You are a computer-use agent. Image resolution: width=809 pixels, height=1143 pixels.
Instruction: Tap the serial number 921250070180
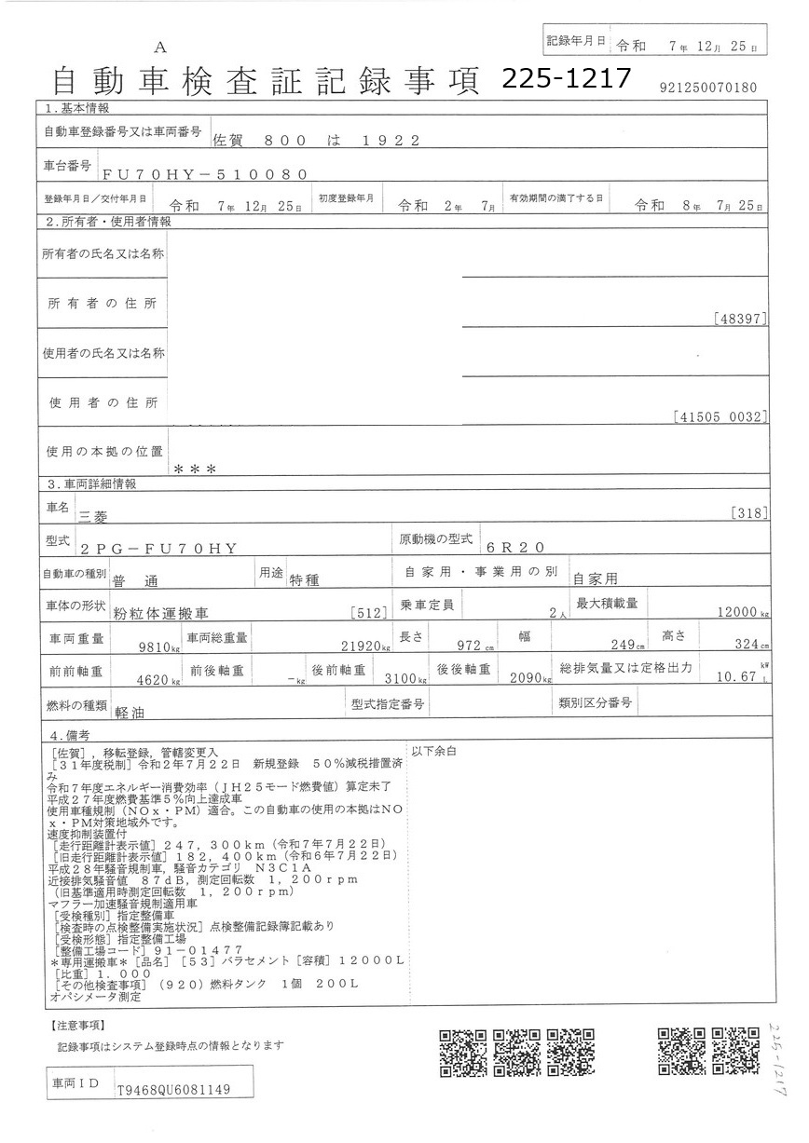click(707, 88)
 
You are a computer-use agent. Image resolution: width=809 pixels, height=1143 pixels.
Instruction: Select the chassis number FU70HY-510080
click(204, 174)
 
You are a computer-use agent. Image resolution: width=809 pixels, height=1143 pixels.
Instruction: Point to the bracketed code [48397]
click(740, 319)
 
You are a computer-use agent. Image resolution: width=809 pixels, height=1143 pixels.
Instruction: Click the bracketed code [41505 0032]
click(720, 416)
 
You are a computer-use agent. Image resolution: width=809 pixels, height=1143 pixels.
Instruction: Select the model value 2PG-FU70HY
click(160, 549)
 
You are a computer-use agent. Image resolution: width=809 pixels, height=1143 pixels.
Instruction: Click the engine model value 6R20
click(524, 548)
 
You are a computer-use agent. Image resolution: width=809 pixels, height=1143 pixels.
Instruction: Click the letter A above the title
click(160, 48)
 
